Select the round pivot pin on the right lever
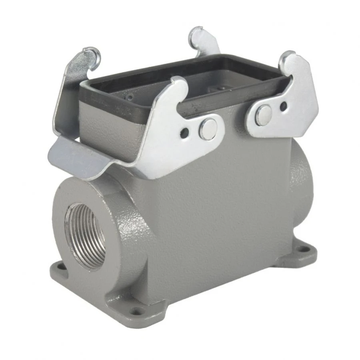click(264, 115)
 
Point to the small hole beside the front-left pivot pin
click(185, 133)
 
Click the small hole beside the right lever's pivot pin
click(283, 106)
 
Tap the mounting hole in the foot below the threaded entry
click(60, 266)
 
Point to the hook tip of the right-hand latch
click(289, 57)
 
